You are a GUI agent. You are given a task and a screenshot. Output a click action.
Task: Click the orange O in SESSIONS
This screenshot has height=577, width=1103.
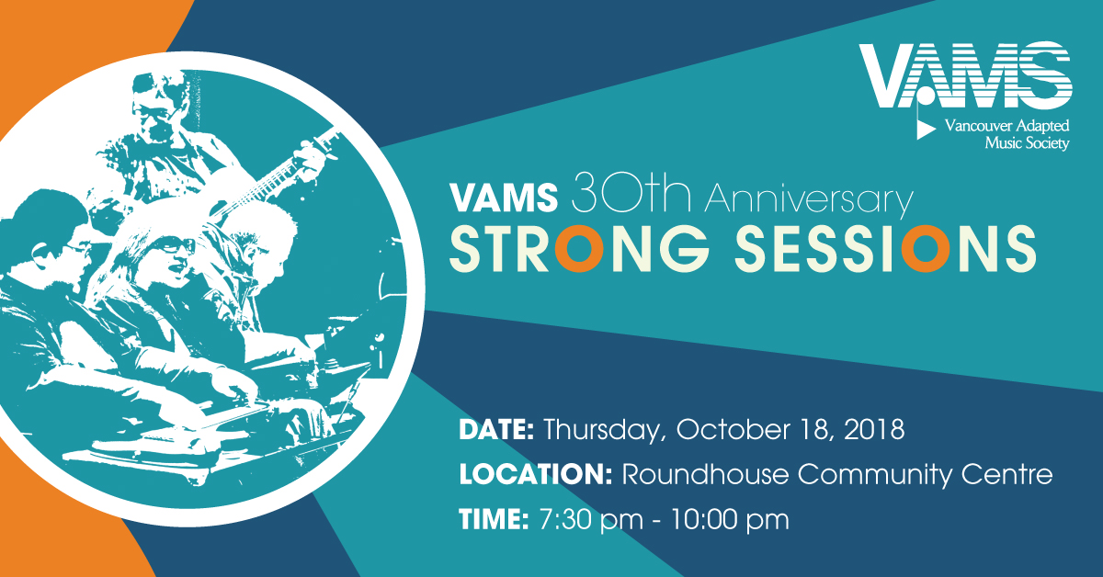pyautogui.click(x=921, y=249)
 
